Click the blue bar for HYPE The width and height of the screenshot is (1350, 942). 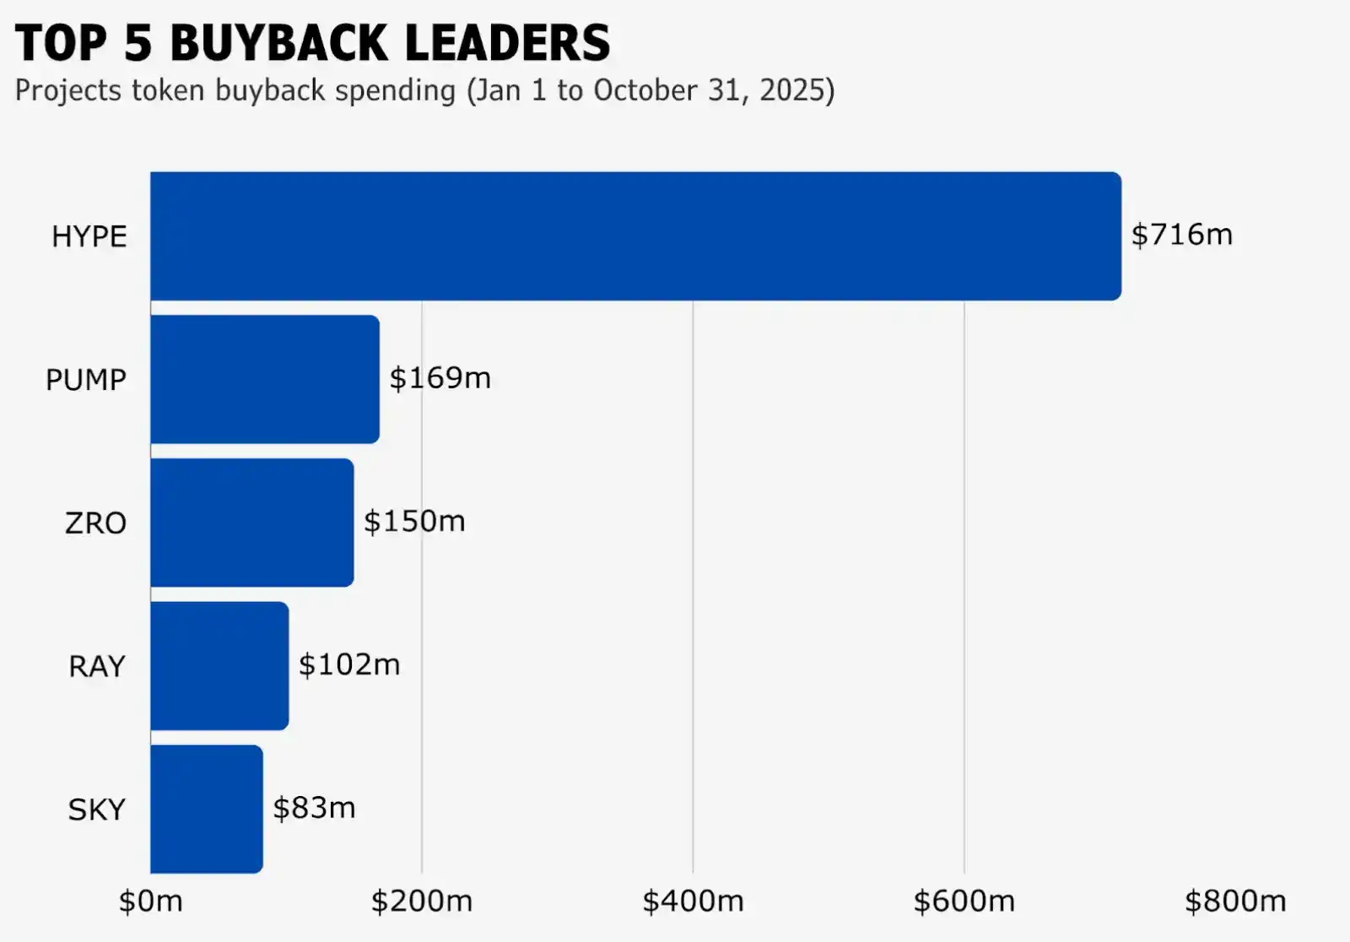click(x=635, y=236)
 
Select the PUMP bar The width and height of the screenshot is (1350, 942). click(x=265, y=379)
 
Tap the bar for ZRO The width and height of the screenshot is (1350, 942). click(x=252, y=522)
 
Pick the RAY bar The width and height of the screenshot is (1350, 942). click(x=219, y=665)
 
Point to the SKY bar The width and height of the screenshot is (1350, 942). click(x=207, y=809)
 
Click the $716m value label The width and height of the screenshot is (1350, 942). click(x=1181, y=235)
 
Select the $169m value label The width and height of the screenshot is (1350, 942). click(x=440, y=378)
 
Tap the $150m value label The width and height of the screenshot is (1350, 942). click(x=414, y=522)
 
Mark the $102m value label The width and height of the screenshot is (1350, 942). click(x=349, y=665)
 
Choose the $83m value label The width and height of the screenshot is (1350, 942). click(x=314, y=809)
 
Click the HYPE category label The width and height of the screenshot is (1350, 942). click(x=89, y=237)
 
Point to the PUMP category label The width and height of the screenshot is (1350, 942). click(x=85, y=381)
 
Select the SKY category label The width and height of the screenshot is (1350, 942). click(x=96, y=810)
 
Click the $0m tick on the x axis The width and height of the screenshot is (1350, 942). click(x=150, y=901)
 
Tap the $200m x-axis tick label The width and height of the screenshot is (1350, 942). click(x=422, y=901)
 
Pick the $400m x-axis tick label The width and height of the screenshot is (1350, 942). click(x=693, y=901)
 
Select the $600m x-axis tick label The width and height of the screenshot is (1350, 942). click(x=964, y=901)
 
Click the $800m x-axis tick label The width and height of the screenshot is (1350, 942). click(x=1235, y=901)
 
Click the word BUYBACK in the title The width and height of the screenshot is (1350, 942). click(x=274, y=44)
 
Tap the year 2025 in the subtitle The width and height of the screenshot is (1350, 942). click(x=791, y=90)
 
